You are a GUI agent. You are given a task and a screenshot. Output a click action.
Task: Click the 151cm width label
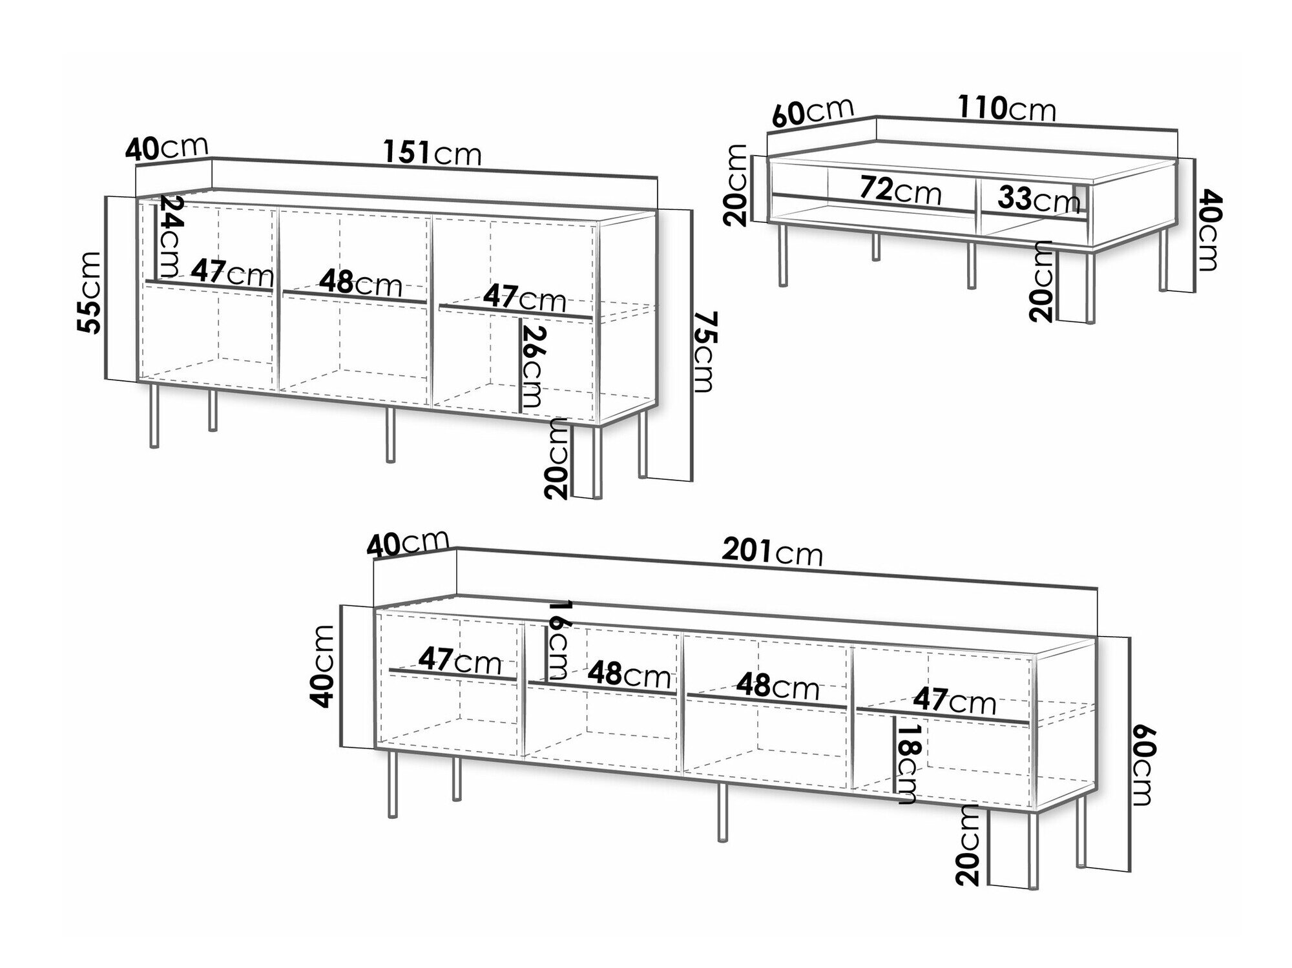click(x=432, y=154)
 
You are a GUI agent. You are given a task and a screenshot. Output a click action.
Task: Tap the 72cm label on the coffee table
click(x=900, y=190)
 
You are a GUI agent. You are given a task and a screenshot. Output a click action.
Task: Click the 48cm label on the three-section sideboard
click(x=360, y=283)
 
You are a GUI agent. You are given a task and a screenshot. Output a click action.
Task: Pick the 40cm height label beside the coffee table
click(x=1205, y=230)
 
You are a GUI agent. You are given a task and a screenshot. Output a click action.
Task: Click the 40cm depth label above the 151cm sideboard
click(x=167, y=149)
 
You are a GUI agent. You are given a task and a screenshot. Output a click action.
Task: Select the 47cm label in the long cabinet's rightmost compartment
click(x=954, y=701)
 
